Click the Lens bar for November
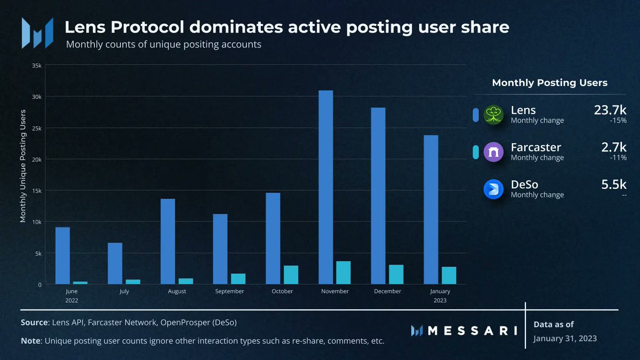pyautogui.click(x=325, y=187)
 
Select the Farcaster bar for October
pyautogui.click(x=291, y=275)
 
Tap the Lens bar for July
pyautogui.click(x=115, y=263)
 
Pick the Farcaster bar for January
pyautogui.click(x=449, y=275)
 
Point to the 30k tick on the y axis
pyautogui.click(x=37, y=97)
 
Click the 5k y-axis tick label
pyautogui.click(x=38, y=253)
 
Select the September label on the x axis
pyautogui.click(x=229, y=291)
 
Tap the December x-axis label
pyautogui.click(x=387, y=291)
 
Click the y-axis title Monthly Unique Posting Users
pyautogui.click(x=23, y=165)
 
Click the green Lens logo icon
pyautogui.click(x=494, y=115)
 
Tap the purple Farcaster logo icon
pyautogui.click(x=494, y=153)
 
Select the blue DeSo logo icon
pyautogui.click(x=494, y=190)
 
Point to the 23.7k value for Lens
pyautogui.click(x=610, y=110)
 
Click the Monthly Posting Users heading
pyautogui.click(x=549, y=83)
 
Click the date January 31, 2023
pyautogui.click(x=565, y=339)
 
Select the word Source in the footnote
pyautogui.click(x=34, y=323)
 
